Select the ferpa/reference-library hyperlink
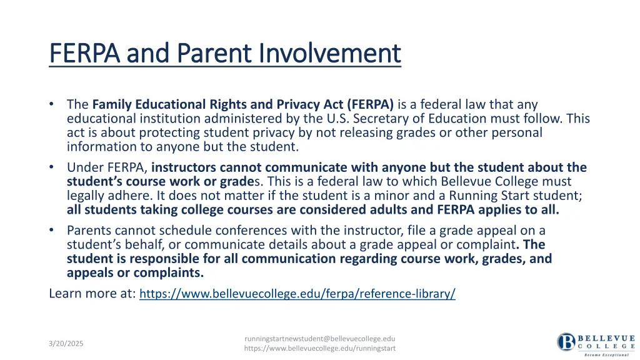click(x=297, y=294)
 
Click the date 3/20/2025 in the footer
click(x=66, y=344)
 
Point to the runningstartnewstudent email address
click(x=320, y=338)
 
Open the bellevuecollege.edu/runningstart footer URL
click(x=320, y=348)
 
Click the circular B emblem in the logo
click(x=566, y=342)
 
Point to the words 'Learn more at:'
click(x=92, y=293)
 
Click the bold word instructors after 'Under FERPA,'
click(x=184, y=167)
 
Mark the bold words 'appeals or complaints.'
click(x=135, y=272)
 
